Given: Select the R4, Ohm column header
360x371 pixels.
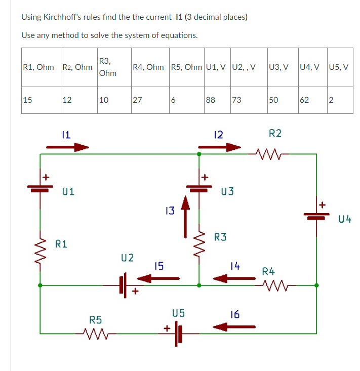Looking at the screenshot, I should point(148,67).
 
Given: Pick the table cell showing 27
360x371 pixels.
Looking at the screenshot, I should point(137,100).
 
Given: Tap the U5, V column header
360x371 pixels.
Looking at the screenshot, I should point(339,67).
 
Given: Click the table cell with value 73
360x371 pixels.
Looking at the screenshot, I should point(236,100).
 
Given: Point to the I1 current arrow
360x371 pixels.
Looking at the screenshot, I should point(67,148).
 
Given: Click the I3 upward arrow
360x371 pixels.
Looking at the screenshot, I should point(186,218).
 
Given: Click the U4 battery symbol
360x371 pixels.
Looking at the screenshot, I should point(317,215).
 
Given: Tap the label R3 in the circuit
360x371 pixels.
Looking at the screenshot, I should point(220,236).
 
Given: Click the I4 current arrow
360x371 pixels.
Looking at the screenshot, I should point(234,278).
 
